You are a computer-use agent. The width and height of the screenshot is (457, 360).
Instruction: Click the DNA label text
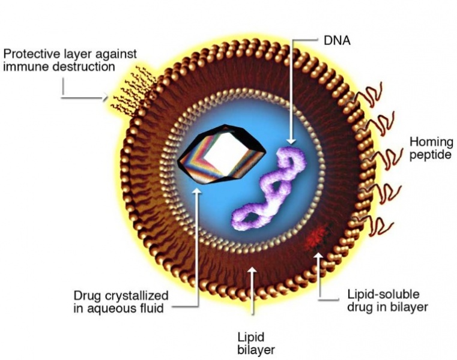(337, 41)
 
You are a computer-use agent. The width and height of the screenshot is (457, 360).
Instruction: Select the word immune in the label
(23, 67)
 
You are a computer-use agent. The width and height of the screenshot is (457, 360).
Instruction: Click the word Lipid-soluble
(383, 295)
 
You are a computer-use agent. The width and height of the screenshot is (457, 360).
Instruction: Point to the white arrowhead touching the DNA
(291, 141)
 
